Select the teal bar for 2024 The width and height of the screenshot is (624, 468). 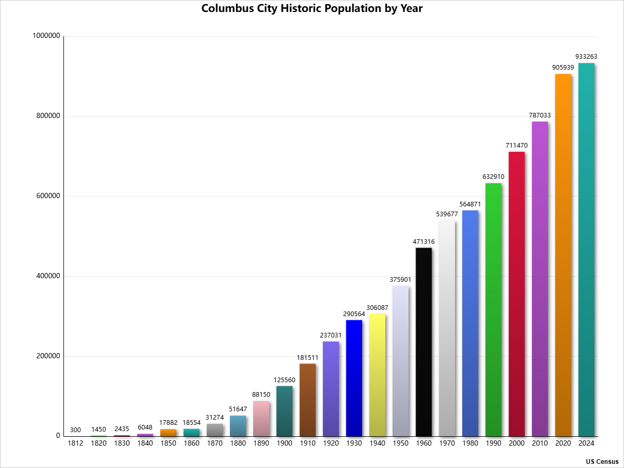coord(586,250)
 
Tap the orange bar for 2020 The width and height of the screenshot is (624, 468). coord(563,255)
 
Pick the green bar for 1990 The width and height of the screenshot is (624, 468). coord(493,309)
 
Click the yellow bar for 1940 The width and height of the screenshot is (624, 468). coord(378,375)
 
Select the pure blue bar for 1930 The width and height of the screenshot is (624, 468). coord(354,378)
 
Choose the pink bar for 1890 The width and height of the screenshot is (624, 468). coord(261,419)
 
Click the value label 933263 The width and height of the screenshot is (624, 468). coord(586,56)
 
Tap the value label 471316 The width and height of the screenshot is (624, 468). coord(424,241)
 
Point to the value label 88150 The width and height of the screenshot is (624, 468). coord(261,395)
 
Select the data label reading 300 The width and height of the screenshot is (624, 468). coord(75,430)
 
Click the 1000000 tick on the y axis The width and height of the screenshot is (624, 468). coord(46,36)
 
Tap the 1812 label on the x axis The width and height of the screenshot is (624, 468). coord(75,444)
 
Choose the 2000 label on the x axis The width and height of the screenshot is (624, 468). coord(516,444)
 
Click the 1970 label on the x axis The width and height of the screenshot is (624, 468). coord(447,444)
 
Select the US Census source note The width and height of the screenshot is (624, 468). coord(602,461)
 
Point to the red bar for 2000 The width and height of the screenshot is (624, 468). coord(516,294)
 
